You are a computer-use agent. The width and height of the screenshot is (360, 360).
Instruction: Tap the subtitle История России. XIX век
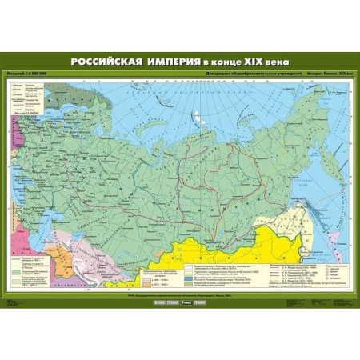click(x=328, y=74)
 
